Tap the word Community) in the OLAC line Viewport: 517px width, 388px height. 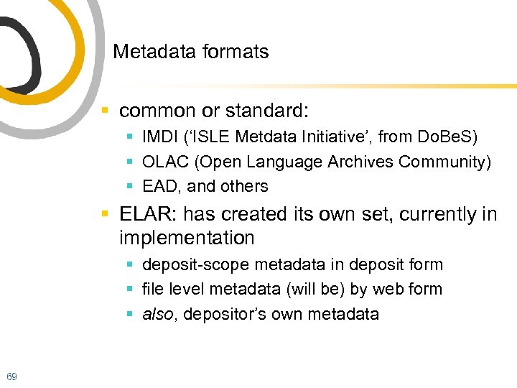(x=445, y=162)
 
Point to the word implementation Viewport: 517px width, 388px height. (x=187, y=238)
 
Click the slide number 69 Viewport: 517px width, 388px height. (x=11, y=377)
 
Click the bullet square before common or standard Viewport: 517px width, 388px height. (x=105, y=111)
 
